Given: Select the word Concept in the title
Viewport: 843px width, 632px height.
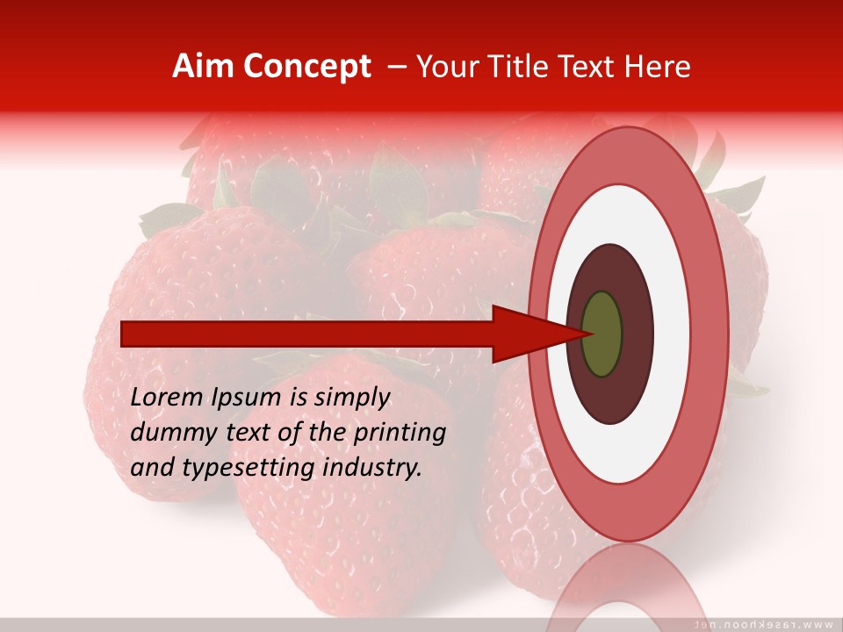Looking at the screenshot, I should pyautogui.click(x=306, y=67).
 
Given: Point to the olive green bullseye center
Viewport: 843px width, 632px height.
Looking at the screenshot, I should pyautogui.click(x=602, y=334).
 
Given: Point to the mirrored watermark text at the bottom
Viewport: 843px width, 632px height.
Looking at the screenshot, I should pyautogui.click(x=764, y=624).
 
